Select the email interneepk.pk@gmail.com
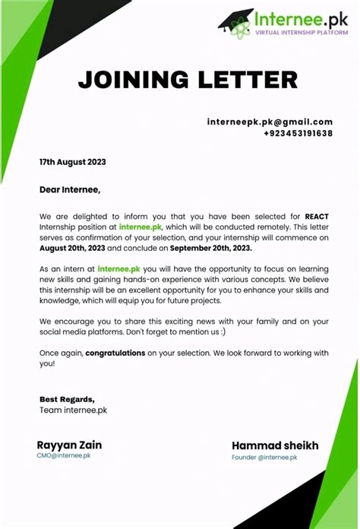tap(270, 122)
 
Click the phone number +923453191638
tap(298, 133)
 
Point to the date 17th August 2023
tap(72, 162)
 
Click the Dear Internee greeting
tap(70, 188)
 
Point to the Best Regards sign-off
tap(68, 399)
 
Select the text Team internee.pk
tap(73, 410)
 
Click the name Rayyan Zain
tap(69, 445)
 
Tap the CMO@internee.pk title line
tap(64, 456)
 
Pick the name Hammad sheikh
tap(275, 445)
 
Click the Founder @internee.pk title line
tap(264, 457)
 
